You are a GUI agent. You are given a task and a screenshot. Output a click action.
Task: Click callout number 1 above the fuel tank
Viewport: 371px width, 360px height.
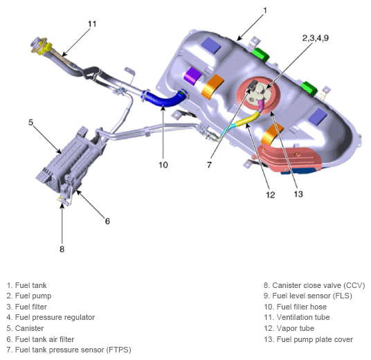coord(264,11)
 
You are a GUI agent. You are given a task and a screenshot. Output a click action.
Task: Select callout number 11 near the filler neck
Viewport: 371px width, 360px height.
coord(93,24)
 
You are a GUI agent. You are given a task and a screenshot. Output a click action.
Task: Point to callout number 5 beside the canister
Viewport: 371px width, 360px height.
coord(31,122)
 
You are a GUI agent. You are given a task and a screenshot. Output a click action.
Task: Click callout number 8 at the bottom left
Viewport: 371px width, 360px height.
coord(62,229)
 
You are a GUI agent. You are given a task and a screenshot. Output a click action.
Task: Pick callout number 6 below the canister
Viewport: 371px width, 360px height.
coord(107,221)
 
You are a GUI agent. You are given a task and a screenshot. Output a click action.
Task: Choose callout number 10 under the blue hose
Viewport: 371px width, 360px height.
coord(163,165)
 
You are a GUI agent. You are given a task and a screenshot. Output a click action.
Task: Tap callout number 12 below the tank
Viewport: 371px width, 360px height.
coord(270,195)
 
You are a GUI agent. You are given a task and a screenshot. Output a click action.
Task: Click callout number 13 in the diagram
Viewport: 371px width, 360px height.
coord(298,194)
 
